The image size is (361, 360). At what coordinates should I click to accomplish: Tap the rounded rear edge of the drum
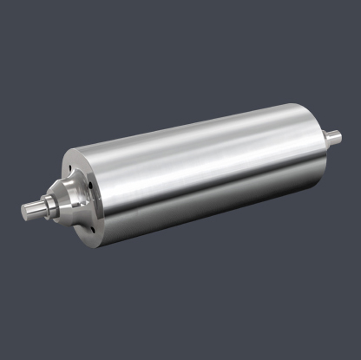click(317, 139)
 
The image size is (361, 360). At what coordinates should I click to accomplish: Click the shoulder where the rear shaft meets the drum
click(325, 137)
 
